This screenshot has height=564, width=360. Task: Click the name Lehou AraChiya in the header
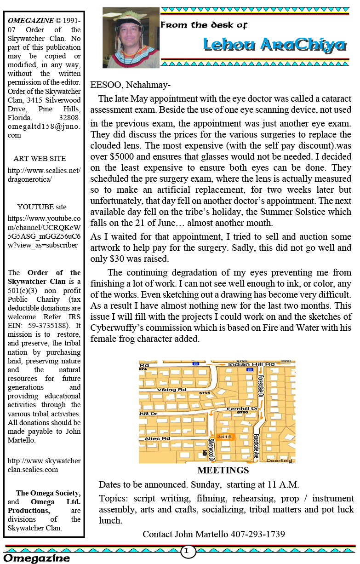[274, 45]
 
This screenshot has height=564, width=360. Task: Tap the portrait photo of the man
[131, 37]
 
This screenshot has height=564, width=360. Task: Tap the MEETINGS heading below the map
[223, 470]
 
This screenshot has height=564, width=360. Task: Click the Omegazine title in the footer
[37, 558]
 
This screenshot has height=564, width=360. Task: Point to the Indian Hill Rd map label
[251, 364]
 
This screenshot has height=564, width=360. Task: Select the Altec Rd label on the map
[158, 439]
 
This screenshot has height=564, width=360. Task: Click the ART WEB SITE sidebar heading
[40, 159]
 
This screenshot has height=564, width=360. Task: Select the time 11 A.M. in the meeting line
[281, 484]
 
